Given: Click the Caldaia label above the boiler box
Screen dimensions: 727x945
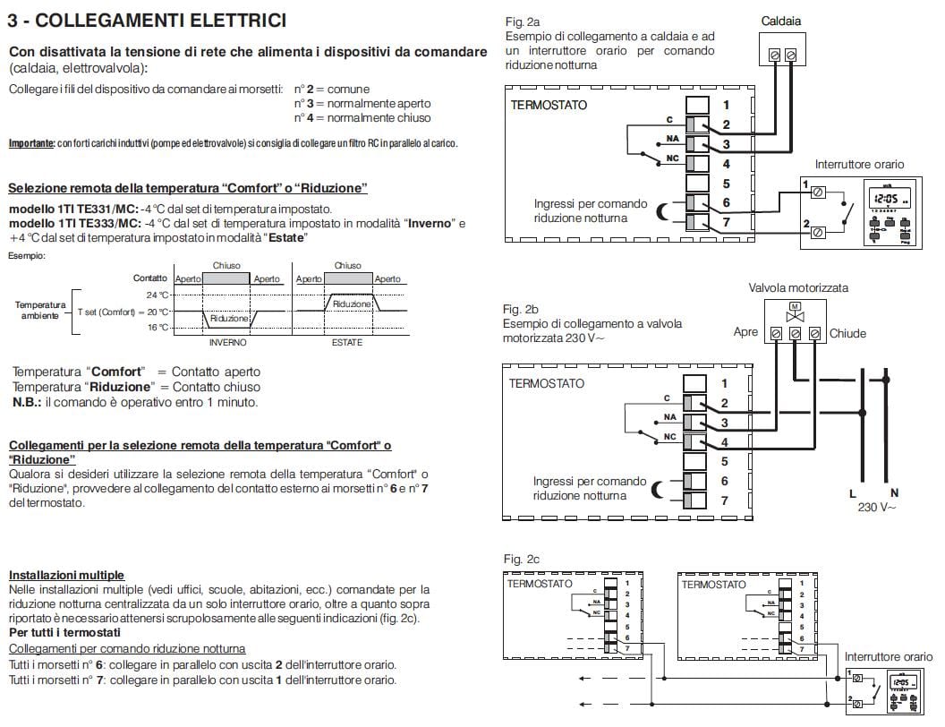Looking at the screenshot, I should pyautogui.click(x=780, y=21).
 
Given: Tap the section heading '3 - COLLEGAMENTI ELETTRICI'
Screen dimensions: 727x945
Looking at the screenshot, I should pyautogui.click(x=147, y=19).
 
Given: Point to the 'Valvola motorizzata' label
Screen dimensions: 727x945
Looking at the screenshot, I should pyautogui.click(x=798, y=287).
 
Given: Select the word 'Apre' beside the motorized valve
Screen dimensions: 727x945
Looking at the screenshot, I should pyautogui.click(x=745, y=332).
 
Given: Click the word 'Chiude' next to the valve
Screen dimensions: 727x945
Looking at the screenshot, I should pyautogui.click(x=847, y=333).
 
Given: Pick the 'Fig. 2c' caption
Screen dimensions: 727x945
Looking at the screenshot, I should pyautogui.click(x=522, y=560).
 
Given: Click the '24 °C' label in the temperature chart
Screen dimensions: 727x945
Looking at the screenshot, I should pyautogui.click(x=157, y=295).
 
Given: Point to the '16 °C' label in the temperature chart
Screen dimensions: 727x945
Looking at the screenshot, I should pyautogui.click(x=157, y=328).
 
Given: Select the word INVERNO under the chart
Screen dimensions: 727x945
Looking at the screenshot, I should pyautogui.click(x=227, y=342).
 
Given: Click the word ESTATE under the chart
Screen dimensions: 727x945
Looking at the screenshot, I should pyautogui.click(x=347, y=342).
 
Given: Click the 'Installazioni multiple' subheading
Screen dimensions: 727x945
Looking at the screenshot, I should pyautogui.click(x=66, y=575).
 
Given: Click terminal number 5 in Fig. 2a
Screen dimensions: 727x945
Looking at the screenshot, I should pyautogui.click(x=727, y=184).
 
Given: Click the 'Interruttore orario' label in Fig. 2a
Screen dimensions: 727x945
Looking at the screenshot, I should pyautogui.click(x=859, y=164).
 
